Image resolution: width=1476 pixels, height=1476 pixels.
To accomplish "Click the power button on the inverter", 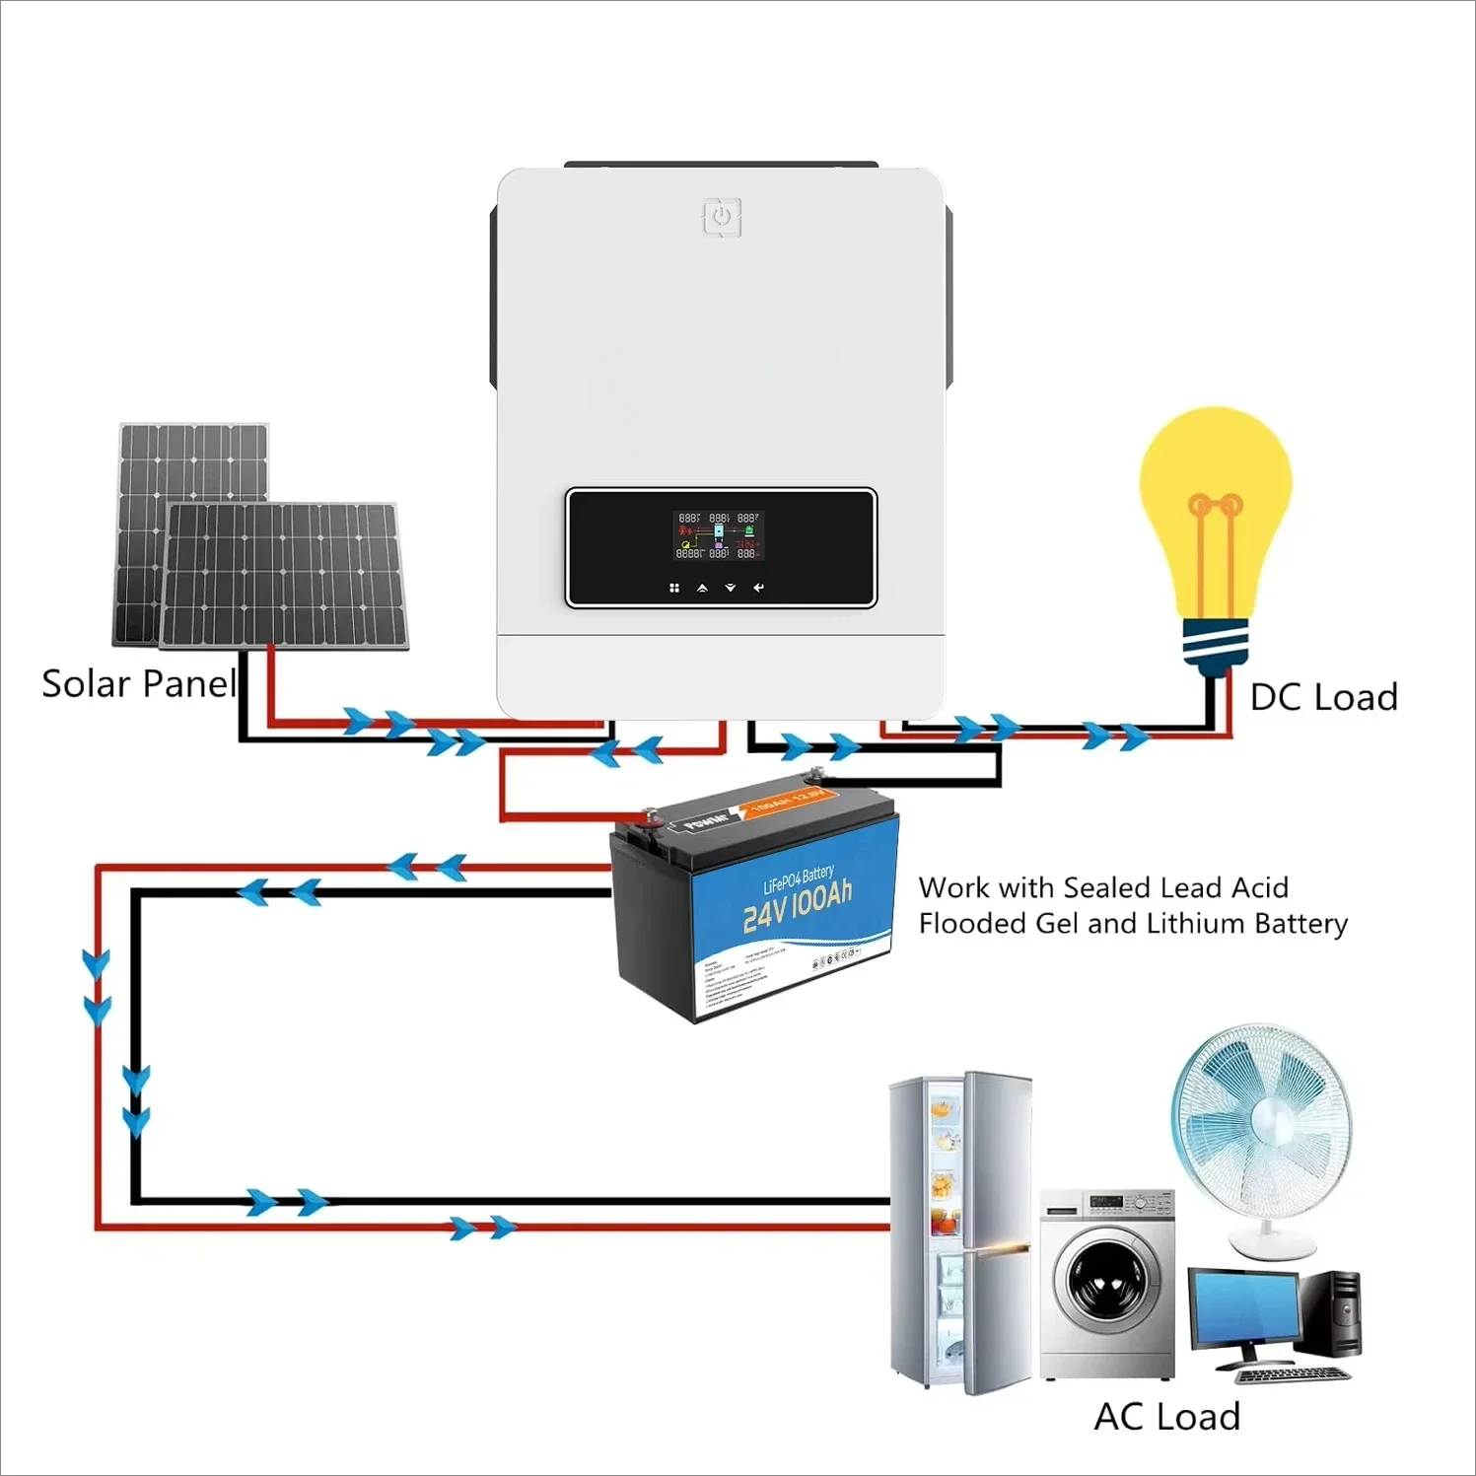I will coord(722,217).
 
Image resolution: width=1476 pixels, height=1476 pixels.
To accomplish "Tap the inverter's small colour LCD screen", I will coord(719,535).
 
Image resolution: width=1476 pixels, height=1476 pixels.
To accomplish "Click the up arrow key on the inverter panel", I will coord(702,588).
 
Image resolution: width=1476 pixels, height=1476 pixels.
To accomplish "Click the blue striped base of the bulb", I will coord(1215,643).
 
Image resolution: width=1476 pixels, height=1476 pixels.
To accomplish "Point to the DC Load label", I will coord(1323,697).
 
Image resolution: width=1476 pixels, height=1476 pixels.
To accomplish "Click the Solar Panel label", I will coord(138,683).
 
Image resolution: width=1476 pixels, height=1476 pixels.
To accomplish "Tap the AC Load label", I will coord(1166,1417).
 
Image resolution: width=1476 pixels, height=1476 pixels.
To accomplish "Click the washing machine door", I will coord(1103,1282).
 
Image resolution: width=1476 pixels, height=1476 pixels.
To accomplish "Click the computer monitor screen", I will coord(1242,1310).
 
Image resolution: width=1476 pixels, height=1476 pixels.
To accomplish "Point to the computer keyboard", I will coord(1292,1374).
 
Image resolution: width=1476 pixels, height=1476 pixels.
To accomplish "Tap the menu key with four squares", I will coord(674,588).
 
